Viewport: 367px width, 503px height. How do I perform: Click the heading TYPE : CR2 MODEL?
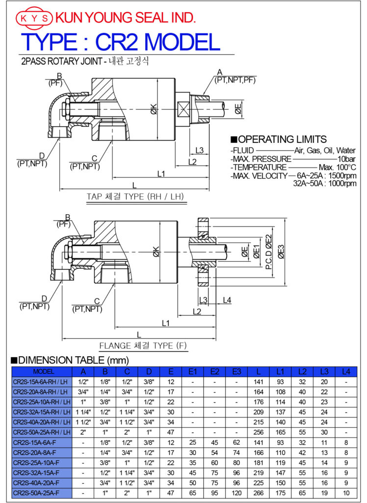point(120,42)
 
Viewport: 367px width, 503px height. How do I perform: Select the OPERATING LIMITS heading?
point(279,140)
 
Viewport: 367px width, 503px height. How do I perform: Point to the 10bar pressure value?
point(346,159)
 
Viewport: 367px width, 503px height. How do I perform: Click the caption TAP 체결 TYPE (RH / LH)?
point(135,197)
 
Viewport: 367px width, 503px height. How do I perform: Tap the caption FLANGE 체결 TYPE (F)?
point(143,346)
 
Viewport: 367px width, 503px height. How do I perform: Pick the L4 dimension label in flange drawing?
point(227,300)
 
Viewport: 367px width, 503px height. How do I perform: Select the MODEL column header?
point(42,372)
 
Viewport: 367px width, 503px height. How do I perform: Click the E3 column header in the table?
point(236,372)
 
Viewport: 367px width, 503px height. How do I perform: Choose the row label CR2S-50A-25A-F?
point(37,493)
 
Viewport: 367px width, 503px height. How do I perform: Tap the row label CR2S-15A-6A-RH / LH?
point(42,382)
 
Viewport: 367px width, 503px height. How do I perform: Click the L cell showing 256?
point(259,432)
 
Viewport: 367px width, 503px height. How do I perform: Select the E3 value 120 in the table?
point(236,493)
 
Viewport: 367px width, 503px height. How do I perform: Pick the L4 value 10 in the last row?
point(346,493)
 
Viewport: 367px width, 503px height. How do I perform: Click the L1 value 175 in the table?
point(280,493)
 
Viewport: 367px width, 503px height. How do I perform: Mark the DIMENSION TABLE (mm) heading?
point(66,360)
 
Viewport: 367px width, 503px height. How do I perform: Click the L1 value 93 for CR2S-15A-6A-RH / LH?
point(280,382)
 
